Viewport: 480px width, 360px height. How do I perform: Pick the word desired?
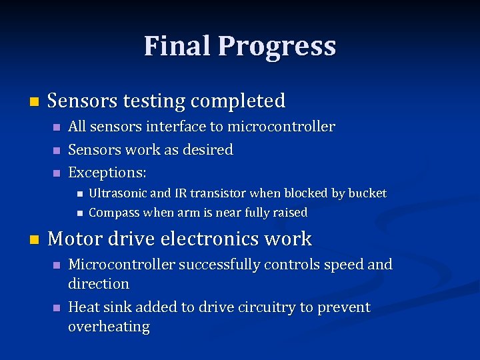tap(210, 150)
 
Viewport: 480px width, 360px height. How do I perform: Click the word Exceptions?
tap(107, 173)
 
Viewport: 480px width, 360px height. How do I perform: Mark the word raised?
tap(289, 213)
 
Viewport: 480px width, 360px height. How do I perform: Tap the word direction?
tap(99, 284)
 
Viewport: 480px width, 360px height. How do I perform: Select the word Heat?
tap(83, 307)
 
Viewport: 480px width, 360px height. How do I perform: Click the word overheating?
tap(109, 327)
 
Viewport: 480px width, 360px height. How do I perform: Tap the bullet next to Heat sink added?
tap(57, 308)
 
